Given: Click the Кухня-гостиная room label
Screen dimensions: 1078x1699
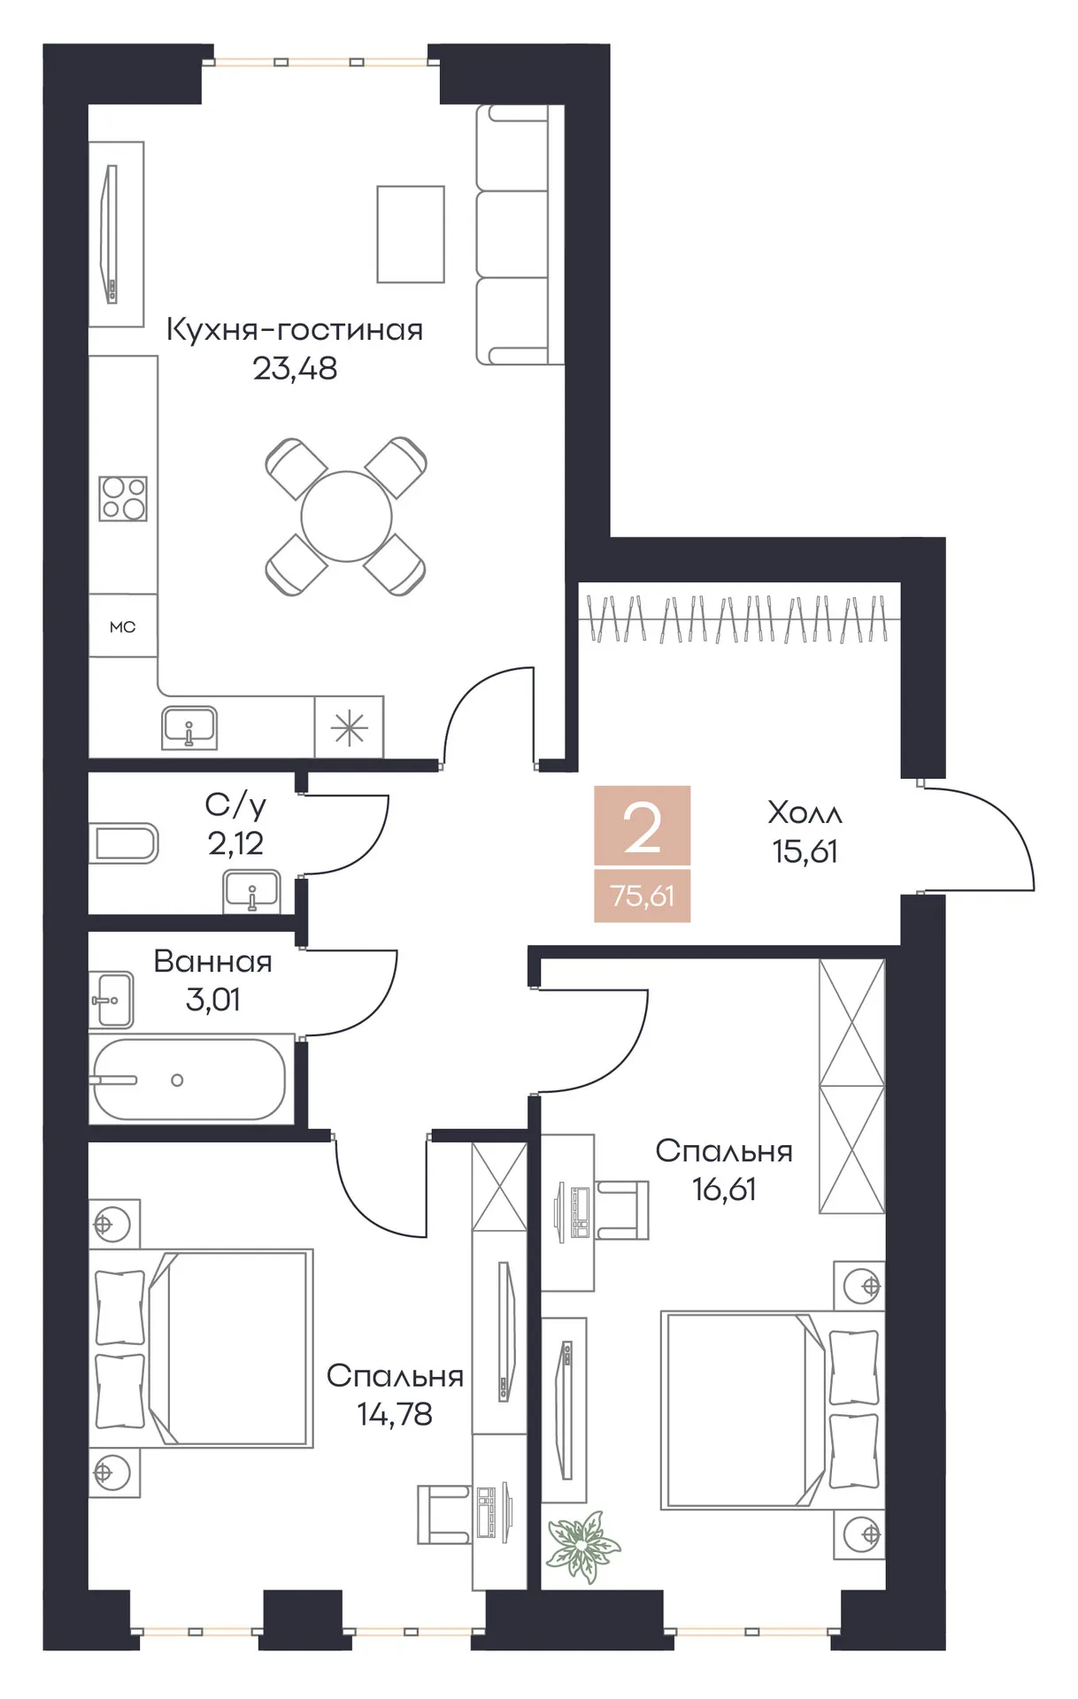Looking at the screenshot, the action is [295, 330].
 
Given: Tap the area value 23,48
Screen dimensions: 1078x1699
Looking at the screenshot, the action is [295, 368].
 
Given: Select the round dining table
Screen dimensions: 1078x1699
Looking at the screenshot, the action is [346, 517].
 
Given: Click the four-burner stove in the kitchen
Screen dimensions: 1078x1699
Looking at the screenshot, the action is [123, 498].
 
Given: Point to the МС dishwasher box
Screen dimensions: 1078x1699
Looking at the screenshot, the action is [123, 626].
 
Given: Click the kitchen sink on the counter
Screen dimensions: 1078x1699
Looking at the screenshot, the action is [189, 727].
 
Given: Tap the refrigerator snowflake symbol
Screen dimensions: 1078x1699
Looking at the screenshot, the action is [349, 728].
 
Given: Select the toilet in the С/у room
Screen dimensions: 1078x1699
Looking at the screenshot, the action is [124, 843].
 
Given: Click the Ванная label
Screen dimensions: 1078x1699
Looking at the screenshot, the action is [212, 961].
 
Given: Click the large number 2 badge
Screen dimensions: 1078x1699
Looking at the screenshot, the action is [643, 827].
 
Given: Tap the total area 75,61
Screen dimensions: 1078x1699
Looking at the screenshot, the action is [643, 896].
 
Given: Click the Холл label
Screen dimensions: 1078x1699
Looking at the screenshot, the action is [805, 812].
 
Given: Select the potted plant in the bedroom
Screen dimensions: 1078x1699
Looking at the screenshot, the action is [583, 1546].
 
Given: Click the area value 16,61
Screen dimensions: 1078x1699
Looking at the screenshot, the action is [724, 1188].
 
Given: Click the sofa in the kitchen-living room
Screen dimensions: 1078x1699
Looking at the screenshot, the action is [520, 234].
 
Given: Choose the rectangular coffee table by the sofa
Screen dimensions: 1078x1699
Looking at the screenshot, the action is [411, 234].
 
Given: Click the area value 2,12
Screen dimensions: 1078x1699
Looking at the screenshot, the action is [235, 843].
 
